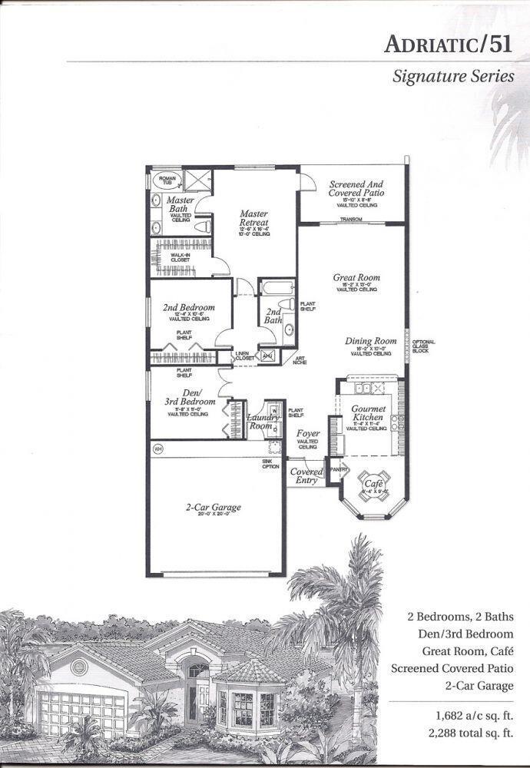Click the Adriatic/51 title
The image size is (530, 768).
(x=448, y=45)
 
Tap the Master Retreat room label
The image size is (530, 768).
(x=253, y=218)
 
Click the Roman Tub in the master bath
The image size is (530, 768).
(x=165, y=181)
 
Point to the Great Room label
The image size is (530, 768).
(x=356, y=278)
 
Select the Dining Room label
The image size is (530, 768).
(x=371, y=341)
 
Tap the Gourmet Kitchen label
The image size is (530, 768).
(x=368, y=414)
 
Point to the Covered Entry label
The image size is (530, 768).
(x=306, y=476)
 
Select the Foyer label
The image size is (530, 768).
(x=308, y=434)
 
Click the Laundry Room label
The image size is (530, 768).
(x=260, y=422)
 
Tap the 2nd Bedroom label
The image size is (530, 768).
(x=188, y=307)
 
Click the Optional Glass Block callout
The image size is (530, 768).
(x=423, y=345)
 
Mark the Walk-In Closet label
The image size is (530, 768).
(x=181, y=258)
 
